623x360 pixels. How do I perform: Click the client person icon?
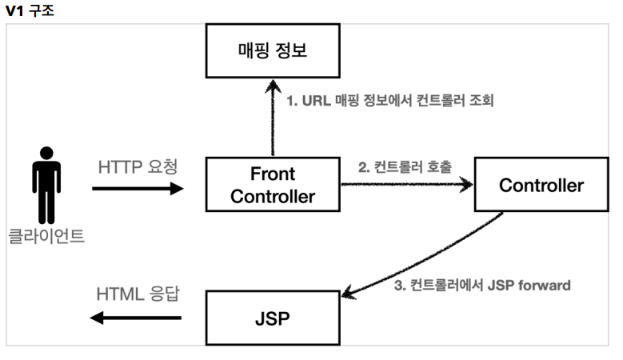46,185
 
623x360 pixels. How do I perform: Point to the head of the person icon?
46,153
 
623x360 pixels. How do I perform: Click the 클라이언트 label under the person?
46,236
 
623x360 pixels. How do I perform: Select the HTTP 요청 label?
138,167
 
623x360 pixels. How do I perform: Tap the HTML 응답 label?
138,294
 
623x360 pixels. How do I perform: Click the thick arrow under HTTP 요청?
138,189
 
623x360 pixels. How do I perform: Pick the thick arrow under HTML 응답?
136,318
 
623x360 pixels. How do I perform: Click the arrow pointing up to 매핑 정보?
273,118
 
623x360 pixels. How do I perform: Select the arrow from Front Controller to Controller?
407,184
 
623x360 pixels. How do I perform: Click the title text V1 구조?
30,10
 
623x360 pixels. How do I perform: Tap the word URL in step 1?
316,101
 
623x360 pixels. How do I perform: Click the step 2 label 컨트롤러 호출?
413,167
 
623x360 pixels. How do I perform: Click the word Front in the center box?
273,174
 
